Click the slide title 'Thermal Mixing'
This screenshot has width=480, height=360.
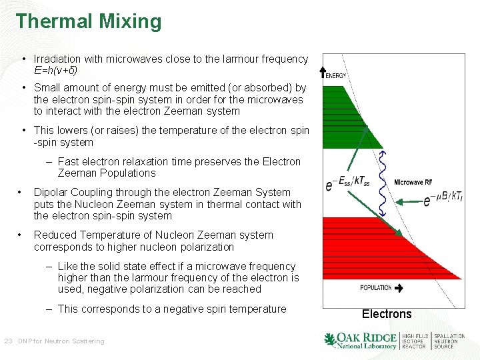(89, 21)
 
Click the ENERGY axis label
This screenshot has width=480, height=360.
(336, 76)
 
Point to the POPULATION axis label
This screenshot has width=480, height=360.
(376, 288)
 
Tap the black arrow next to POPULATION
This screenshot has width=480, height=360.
(399, 288)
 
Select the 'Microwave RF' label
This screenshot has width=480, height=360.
(413, 182)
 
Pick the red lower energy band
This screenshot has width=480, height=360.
(373, 247)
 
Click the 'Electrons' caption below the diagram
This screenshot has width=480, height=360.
(387, 314)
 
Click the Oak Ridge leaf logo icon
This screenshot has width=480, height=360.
(330, 340)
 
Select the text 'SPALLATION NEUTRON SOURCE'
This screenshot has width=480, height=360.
(449, 341)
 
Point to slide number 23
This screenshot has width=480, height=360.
(8, 341)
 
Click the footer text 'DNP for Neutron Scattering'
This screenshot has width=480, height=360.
(61, 341)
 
